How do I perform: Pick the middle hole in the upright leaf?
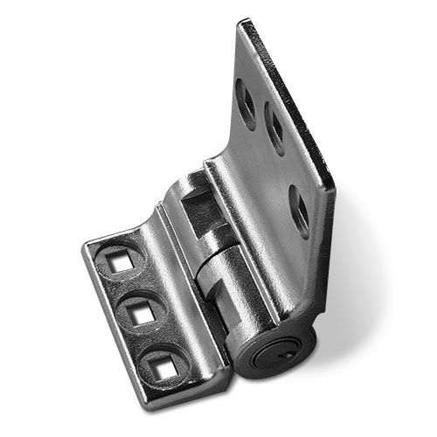(274, 131)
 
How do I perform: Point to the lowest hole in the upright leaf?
(300, 210)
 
